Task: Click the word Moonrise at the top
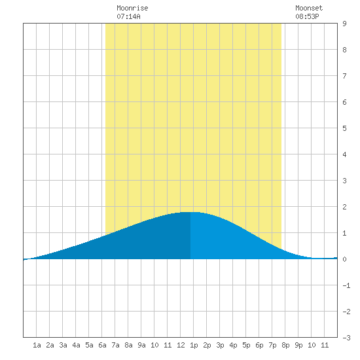[132, 8]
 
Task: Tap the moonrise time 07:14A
[128, 16]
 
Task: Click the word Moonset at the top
[309, 8]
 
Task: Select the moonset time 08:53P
[307, 16]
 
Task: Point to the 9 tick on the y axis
[344, 24]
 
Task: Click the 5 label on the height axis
[344, 128]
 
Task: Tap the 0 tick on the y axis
[344, 259]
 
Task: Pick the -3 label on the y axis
[346, 338]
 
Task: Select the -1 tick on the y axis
[346, 285]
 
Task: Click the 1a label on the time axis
[37, 345]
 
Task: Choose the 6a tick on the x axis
[102, 345]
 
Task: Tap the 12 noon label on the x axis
[181, 345]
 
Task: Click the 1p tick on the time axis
[194, 345]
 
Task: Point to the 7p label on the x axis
[272, 345]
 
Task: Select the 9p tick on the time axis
[298, 345]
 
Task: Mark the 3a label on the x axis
[63, 345]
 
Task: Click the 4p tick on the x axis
[233, 345]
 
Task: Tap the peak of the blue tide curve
[190, 212]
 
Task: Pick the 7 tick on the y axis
[344, 76]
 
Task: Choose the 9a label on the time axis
[141, 345]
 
